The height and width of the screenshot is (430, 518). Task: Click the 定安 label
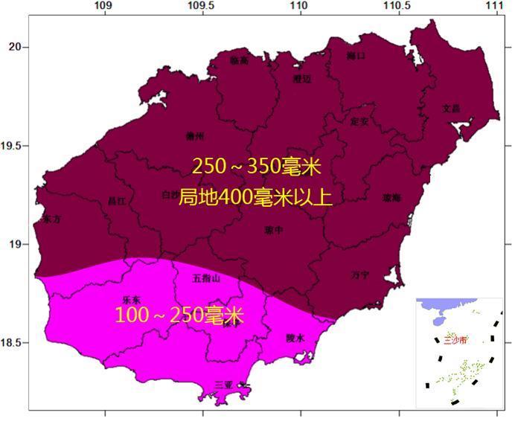pyautogui.click(x=359, y=120)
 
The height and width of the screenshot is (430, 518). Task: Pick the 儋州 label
pyautogui.click(x=195, y=136)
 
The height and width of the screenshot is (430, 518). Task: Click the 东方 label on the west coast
pyautogui.click(x=51, y=220)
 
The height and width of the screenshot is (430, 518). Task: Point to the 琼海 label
pyautogui.click(x=391, y=198)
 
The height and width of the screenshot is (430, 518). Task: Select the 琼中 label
pyautogui.click(x=273, y=231)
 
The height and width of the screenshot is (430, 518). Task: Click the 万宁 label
pyautogui.click(x=359, y=275)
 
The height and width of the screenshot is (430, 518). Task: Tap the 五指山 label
pyautogui.click(x=207, y=279)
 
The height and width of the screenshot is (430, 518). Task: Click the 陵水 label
pyautogui.click(x=296, y=338)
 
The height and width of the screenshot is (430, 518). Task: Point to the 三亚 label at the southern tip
pyautogui.click(x=224, y=385)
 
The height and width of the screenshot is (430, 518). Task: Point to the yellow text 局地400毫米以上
pyautogui.click(x=246, y=197)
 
